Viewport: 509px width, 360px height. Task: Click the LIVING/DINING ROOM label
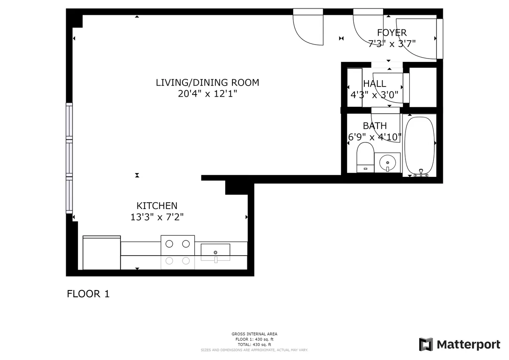point(207,82)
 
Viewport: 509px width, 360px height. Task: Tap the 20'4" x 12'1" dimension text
point(207,94)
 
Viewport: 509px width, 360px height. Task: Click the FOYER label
point(392,32)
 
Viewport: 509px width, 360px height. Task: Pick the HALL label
point(375,84)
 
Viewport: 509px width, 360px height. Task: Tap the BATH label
point(375,126)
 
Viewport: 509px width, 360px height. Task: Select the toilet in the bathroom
point(365,157)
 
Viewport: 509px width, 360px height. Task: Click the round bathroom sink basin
point(387,162)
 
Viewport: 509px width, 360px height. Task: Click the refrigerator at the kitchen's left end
point(102,253)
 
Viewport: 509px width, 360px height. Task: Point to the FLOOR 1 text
point(88,294)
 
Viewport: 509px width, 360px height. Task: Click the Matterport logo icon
point(426,344)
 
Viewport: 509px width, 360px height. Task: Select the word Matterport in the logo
point(468,344)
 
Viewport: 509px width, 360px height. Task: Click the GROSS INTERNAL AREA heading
point(255,334)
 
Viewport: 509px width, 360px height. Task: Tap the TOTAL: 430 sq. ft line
point(255,345)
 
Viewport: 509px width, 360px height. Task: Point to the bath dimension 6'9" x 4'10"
point(375,137)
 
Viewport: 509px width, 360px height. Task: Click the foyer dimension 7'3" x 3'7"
point(392,43)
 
